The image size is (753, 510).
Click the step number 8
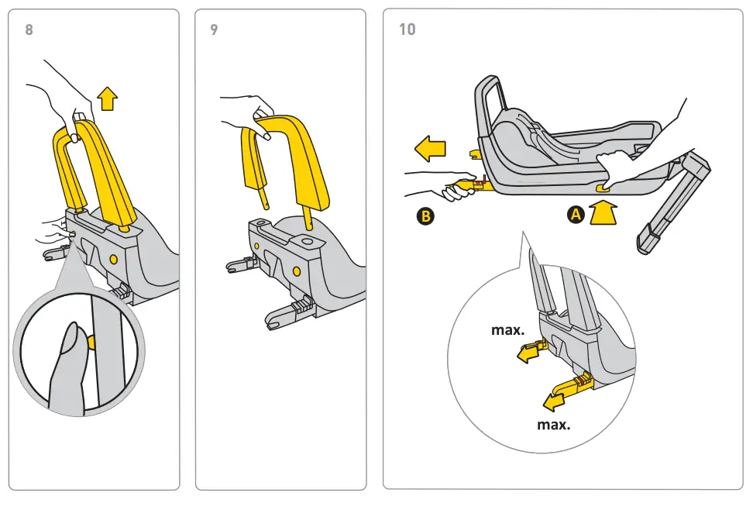29,30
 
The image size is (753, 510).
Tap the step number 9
215,30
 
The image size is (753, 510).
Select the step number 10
407,29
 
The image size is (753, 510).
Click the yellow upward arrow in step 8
108,98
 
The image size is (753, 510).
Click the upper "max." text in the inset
507,329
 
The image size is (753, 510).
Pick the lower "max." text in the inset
553,424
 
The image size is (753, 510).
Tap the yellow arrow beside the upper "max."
530,353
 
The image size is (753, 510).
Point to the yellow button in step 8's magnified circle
91,342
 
